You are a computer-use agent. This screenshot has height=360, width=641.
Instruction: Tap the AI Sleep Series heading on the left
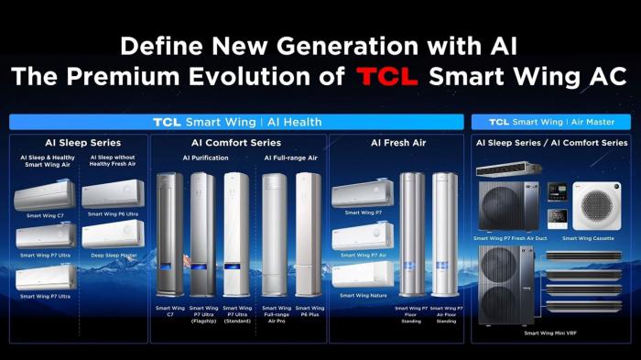tap(82, 143)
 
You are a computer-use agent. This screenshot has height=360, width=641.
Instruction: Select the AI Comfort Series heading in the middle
tap(236, 143)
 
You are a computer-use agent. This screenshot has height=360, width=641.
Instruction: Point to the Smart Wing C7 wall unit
tap(45, 195)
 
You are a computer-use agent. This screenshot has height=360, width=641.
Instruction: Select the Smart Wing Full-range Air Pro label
tap(276, 313)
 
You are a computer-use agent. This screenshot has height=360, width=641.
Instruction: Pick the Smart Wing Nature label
tap(362, 295)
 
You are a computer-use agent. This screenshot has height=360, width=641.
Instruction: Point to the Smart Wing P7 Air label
tap(362, 255)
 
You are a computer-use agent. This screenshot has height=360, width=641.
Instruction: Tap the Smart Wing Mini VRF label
tap(551, 333)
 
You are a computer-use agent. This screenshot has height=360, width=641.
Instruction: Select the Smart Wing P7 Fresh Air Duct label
tap(512, 237)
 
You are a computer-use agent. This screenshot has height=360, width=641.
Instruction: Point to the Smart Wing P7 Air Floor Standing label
tap(445, 313)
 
